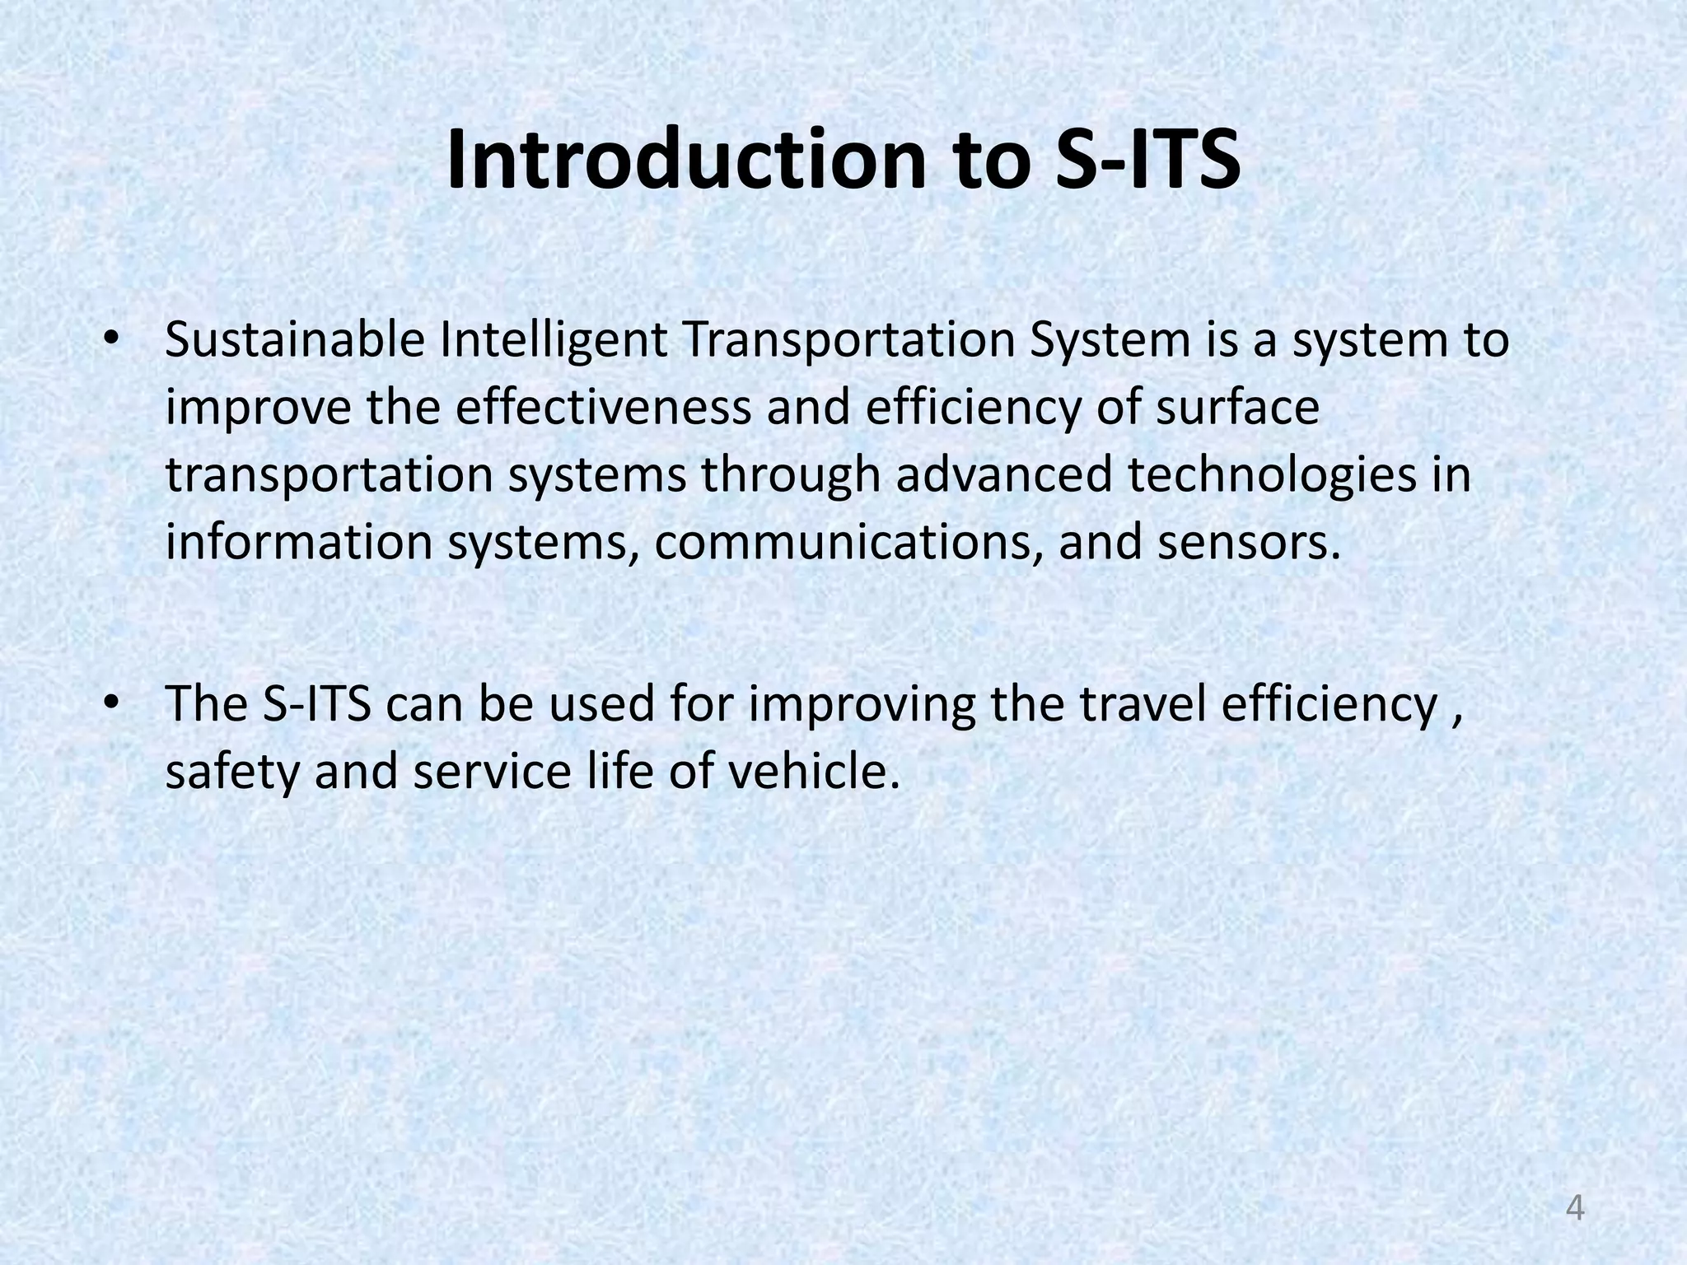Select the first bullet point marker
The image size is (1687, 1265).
[x=111, y=339]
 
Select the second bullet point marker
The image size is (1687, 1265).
[x=111, y=704]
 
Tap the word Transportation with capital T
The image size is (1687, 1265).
[x=848, y=341]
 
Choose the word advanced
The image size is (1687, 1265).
[x=1004, y=475]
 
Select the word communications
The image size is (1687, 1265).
[x=848, y=543]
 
